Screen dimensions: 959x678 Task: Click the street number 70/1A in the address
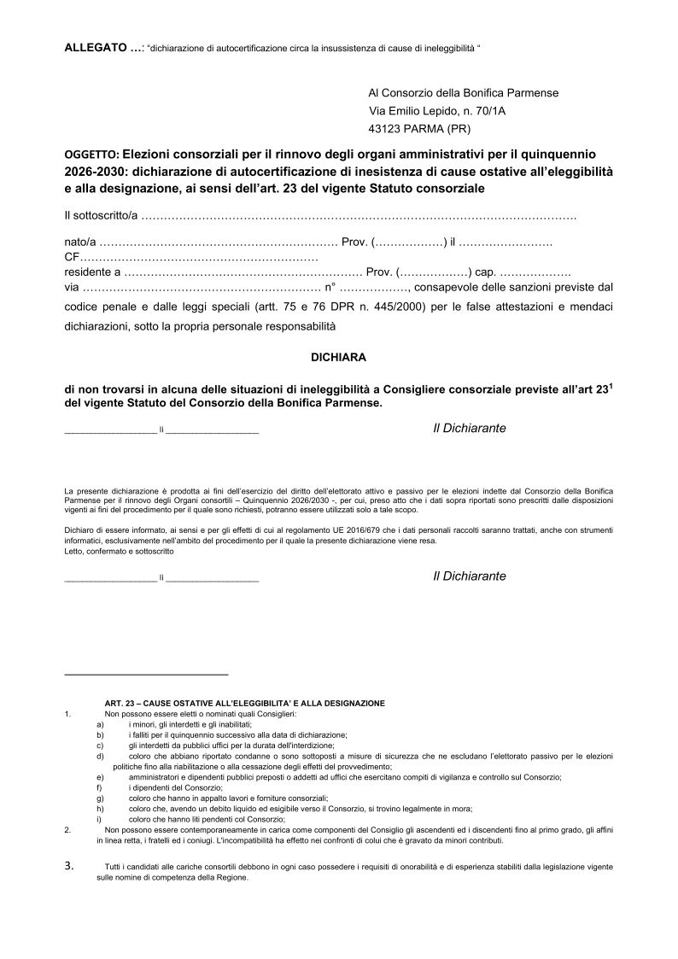tap(495, 110)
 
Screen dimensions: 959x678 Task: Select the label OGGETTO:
tap(91, 156)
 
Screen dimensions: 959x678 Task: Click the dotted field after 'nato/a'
tap(219, 244)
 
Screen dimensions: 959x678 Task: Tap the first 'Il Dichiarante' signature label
tap(469, 428)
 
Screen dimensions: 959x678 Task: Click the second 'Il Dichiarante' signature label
tap(469, 576)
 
